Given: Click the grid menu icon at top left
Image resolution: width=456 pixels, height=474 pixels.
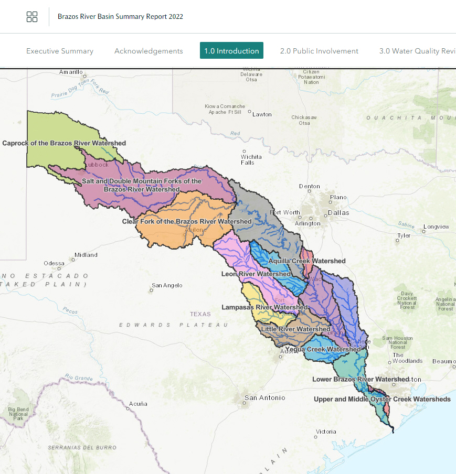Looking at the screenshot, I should click(32, 17).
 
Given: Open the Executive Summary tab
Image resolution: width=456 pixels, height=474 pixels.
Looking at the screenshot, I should click(60, 51).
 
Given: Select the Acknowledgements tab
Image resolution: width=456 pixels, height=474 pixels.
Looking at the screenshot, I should click(149, 51).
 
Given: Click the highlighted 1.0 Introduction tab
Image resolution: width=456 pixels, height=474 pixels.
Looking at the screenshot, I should click(231, 51).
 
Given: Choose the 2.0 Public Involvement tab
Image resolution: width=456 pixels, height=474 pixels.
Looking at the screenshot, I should click(319, 51).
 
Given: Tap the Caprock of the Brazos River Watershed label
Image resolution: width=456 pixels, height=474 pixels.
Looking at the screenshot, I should click(64, 143).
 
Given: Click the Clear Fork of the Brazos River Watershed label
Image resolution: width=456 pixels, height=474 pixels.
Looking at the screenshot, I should click(187, 222).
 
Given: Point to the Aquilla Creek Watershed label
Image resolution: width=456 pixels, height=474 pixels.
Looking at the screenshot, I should click(307, 261).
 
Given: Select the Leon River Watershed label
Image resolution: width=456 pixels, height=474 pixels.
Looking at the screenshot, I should click(256, 274).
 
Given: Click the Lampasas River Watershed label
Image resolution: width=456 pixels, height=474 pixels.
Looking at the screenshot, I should click(264, 307).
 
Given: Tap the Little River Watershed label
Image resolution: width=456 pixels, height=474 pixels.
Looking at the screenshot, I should click(295, 329).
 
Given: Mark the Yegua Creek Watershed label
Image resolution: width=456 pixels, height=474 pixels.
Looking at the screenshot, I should click(323, 349).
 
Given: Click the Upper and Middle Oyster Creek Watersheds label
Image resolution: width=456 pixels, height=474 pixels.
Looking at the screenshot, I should click(382, 399).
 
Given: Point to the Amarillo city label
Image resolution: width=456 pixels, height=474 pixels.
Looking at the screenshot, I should click(71, 72).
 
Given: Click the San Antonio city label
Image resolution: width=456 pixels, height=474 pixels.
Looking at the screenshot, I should click(265, 398).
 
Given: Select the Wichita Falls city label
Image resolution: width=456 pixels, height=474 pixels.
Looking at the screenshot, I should click(247, 159).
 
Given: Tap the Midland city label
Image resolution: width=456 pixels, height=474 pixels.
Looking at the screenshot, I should click(86, 255).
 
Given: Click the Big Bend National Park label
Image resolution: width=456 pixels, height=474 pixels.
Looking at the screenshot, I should click(18, 414).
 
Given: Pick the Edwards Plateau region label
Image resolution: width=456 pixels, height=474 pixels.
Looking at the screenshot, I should click(173, 325).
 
